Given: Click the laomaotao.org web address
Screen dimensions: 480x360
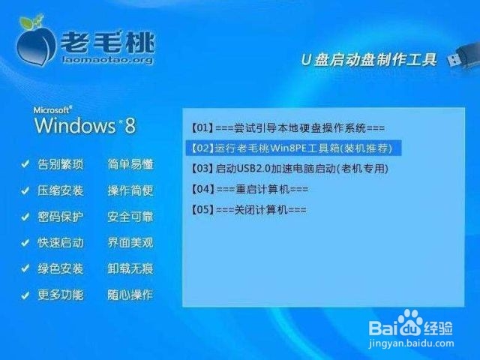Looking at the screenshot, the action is (x=107, y=59).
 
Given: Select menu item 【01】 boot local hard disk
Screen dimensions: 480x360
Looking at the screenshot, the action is (x=288, y=128).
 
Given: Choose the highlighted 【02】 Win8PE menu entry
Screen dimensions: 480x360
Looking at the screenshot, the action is (x=293, y=148).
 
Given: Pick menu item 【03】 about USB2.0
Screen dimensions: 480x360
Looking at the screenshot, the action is (x=289, y=169).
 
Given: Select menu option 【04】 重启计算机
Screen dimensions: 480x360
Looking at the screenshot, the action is (x=250, y=189).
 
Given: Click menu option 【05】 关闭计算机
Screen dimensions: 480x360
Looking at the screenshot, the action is (x=248, y=210).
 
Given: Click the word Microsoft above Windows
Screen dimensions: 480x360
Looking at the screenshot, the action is (x=52, y=110).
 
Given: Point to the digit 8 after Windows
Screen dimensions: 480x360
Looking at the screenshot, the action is (x=130, y=125).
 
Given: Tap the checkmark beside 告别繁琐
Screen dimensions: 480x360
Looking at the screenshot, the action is (x=25, y=164).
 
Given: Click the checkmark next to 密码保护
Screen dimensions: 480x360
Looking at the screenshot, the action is (x=25, y=217).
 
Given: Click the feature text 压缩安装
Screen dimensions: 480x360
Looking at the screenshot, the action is (x=60, y=190).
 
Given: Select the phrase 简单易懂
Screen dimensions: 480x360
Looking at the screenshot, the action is (x=130, y=164).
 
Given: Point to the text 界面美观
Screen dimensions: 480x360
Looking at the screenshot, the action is (x=130, y=243).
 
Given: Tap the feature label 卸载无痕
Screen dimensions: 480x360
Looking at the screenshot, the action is (x=130, y=268).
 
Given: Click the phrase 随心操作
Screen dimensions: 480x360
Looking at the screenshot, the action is (x=130, y=295).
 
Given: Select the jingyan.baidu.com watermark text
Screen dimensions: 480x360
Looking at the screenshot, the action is (x=411, y=343).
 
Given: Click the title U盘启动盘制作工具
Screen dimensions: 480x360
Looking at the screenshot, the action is (x=368, y=59).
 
